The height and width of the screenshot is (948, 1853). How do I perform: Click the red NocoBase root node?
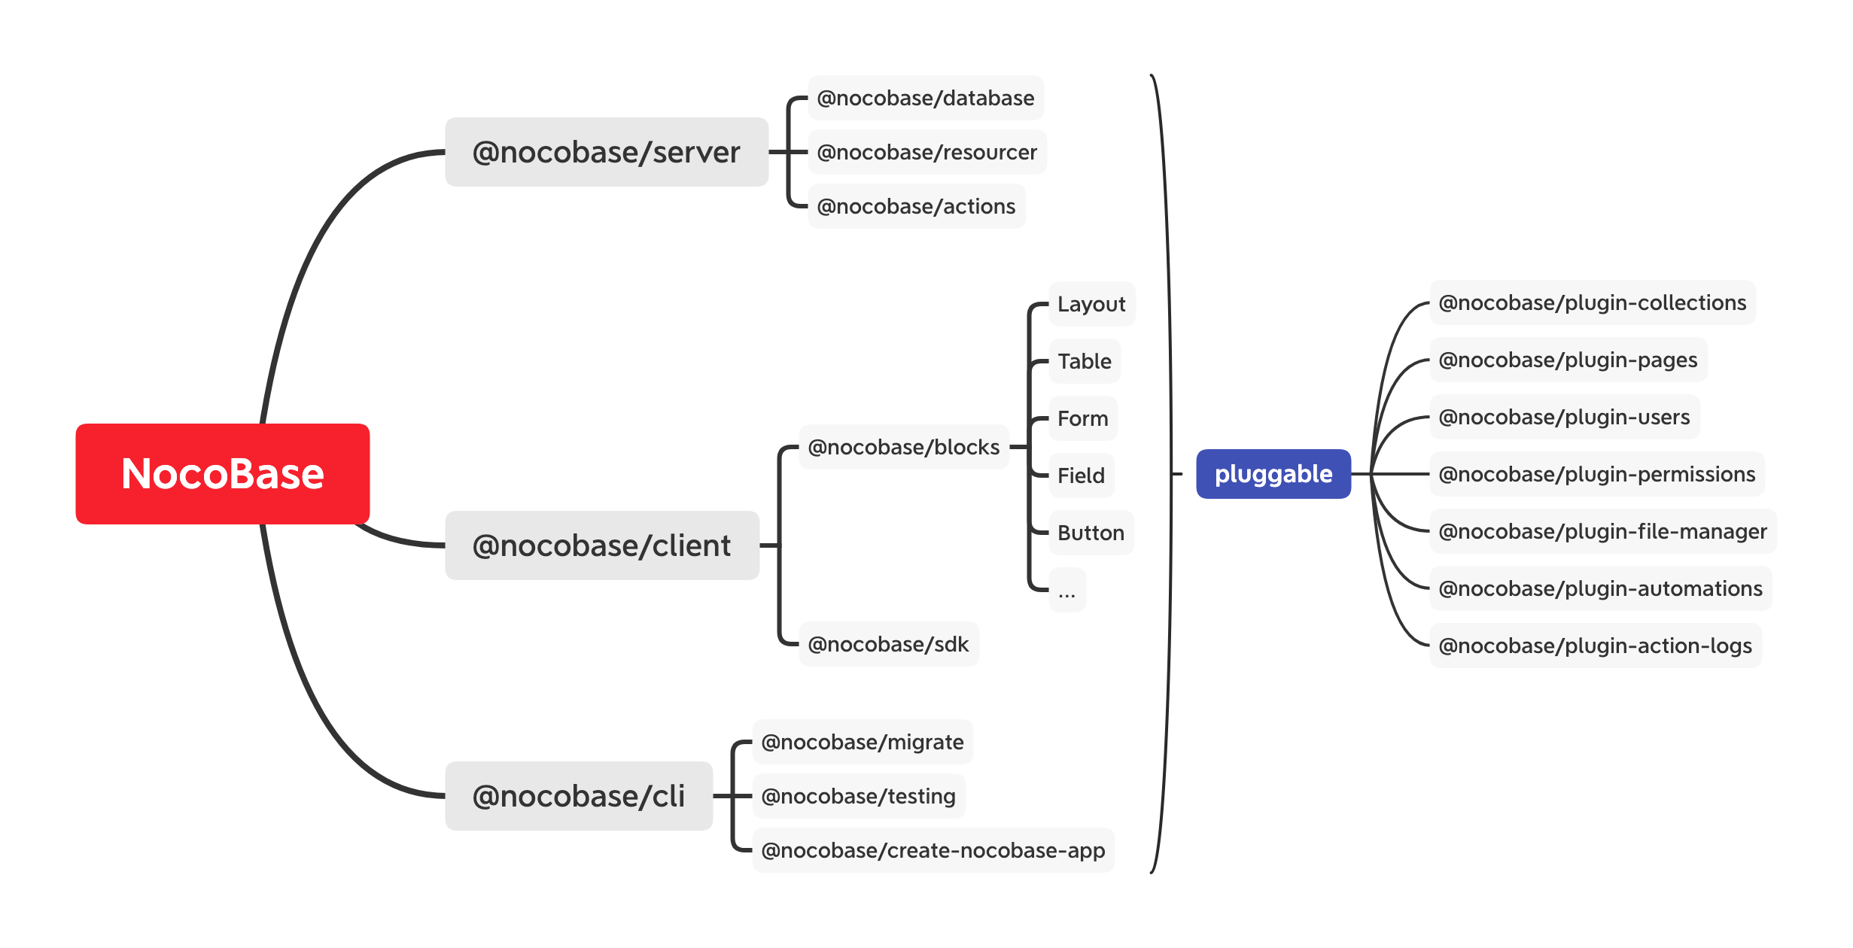point(222,474)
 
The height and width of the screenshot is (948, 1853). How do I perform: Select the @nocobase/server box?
point(606,152)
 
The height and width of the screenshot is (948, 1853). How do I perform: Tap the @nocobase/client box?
point(601,545)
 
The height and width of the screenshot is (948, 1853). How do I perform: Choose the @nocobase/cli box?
point(578,796)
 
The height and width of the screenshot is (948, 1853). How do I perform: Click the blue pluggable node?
point(1273,474)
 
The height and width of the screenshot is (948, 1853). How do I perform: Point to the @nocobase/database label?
point(925,98)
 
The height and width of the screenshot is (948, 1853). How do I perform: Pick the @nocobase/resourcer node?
point(926,152)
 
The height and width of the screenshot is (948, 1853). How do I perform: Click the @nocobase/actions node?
point(916,206)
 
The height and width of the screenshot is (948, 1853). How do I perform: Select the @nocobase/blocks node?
point(903,447)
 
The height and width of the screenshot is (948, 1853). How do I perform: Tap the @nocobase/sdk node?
point(888,644)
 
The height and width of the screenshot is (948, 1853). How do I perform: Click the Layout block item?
point(1091,304)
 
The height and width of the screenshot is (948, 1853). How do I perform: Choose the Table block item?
point(1084,361)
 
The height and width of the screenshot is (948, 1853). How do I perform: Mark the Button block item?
point(1091,533)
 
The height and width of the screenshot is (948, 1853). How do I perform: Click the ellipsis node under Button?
point(1066,590)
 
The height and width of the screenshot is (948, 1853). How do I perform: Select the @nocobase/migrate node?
point(863,742)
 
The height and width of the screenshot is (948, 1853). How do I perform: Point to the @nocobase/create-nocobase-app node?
point(933,850)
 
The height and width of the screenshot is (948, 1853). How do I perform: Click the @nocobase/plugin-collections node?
point(1592,302)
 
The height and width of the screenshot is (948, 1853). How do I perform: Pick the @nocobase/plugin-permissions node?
point(1596,474)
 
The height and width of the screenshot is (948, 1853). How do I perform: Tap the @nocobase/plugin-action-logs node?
point(1595,646)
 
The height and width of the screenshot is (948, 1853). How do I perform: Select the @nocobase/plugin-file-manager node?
point(1602,531)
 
